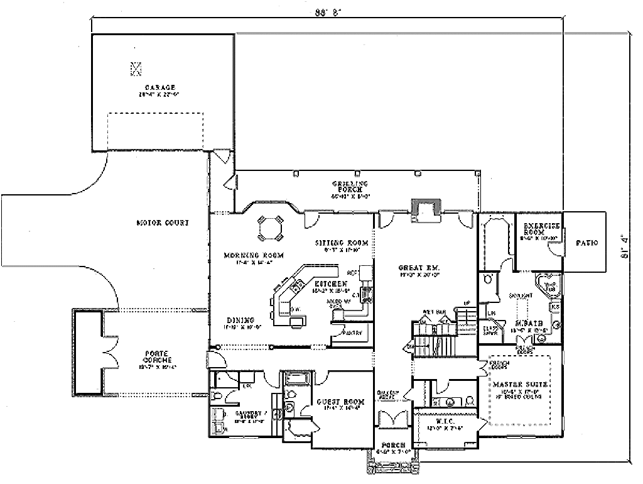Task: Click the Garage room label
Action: click(x=159, y=87)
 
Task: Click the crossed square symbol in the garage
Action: click(x=136, y=67)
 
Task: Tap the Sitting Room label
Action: click(x=341, y=243)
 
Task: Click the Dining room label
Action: click(x=240, y=319)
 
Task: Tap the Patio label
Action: click(x=585, y=243)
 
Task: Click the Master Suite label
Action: click(x=521, y=383)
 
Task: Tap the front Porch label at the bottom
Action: click(x=392, y=444)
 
